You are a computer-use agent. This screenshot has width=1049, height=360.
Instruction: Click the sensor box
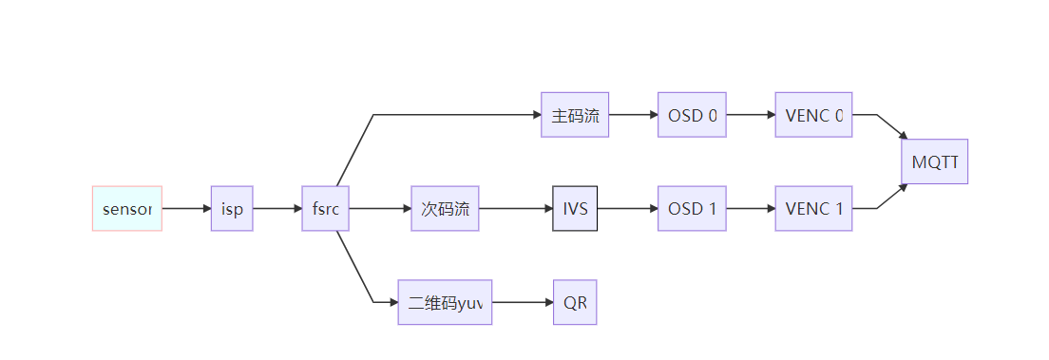click(x=127, y=208)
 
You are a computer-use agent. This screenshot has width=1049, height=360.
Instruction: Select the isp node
click(x=232, y=208)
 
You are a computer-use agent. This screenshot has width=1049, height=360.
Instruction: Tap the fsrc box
click(x=325, y=208)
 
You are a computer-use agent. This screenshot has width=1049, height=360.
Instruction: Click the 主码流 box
click(x=575, y=115)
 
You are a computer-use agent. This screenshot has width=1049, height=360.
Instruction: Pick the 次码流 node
click(x=445, y=208)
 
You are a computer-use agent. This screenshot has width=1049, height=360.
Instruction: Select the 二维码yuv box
click(x=445, y=303)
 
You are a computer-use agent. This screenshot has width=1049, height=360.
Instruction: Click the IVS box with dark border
click(x=575, y=208)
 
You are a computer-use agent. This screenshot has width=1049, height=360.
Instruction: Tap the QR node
click(x=575, y=303)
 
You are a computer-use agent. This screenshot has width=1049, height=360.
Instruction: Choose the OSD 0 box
click(x=692, y=115)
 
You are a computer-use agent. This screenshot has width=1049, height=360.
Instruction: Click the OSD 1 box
click(x=692, y=208)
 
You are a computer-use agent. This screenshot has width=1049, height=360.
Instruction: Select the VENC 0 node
click(x=813, y=115)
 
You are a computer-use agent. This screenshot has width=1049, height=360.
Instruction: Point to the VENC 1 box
click(x=813, y=208)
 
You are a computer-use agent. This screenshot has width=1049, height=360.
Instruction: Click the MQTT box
click(x=935, y=161)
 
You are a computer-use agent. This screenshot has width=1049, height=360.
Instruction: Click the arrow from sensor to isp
click(x=186, y=208)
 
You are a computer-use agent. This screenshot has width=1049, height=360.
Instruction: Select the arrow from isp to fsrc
click(x=277, y=208)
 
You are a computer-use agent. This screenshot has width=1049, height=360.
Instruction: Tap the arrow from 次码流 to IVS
click(x=516, y=208)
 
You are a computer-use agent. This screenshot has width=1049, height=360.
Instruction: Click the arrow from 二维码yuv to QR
click(x=523, y=303)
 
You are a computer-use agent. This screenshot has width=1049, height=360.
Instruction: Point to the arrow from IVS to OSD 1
click(x=627, y=208)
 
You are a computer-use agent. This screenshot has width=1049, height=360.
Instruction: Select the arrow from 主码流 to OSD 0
click(x=633, y=115)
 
